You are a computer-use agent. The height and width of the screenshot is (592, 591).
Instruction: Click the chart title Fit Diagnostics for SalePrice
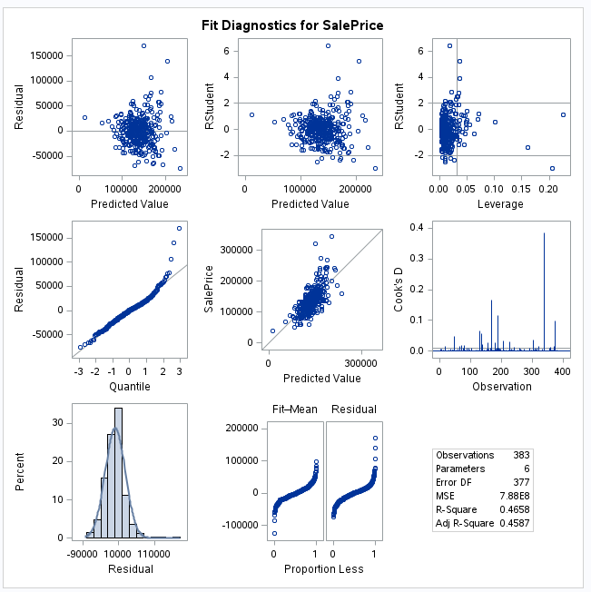pos(291,25)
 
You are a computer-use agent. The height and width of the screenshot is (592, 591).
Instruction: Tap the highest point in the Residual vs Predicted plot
pos(143,45)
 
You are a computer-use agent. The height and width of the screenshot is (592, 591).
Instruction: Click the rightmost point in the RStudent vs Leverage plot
pos(563,114)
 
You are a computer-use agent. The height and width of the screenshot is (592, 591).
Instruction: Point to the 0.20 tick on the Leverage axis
pos(547,191)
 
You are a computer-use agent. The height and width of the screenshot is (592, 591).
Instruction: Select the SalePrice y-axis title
pos(208,290)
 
